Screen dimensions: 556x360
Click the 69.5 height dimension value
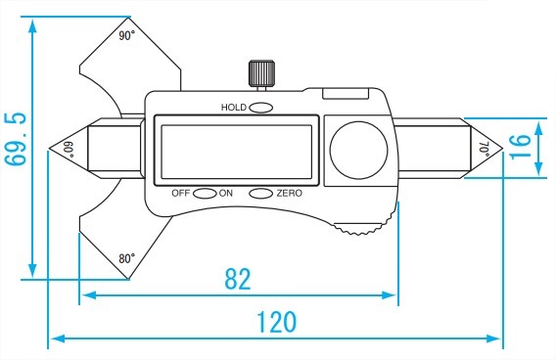(x=16, y=140)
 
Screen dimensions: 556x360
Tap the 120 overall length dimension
(x=276, y=323)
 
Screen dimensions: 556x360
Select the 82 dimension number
(x=238, y=279)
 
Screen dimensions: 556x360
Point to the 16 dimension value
(x=520, y=147)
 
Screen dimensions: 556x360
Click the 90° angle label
(x=126, y=36)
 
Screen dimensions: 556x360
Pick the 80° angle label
(x=126, y=258)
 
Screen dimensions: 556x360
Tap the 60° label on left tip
(x=69, y=149)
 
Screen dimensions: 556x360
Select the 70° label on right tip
(x=485, y=149)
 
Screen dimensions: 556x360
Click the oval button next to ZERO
(x=260, y=193)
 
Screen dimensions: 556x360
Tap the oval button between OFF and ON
(x=205, y=193)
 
